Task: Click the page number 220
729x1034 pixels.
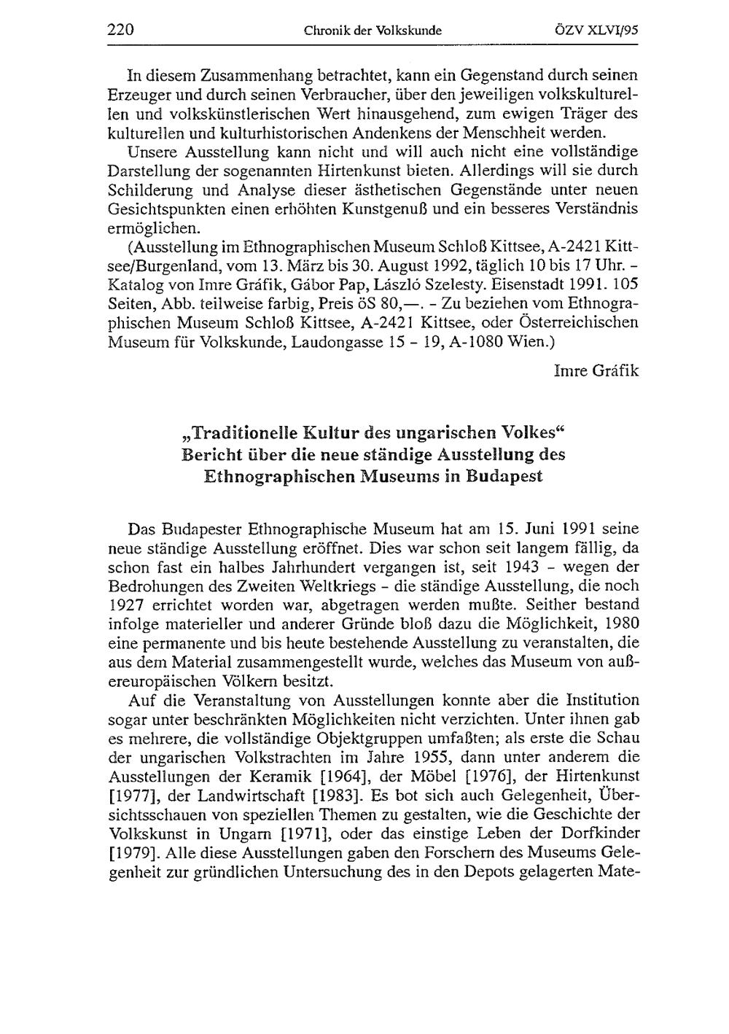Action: point(121,30)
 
